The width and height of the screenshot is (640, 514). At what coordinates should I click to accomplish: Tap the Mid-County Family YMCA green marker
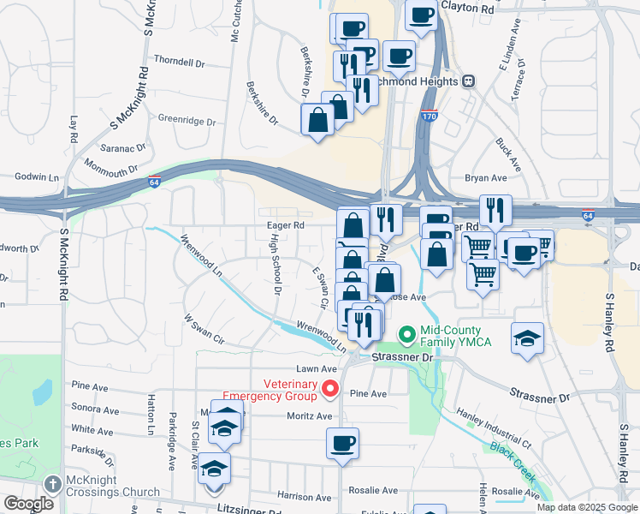pos(407,333)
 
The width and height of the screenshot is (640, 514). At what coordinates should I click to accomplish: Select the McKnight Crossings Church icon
pos(54,484)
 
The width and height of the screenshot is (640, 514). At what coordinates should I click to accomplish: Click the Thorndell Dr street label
pos(180,62)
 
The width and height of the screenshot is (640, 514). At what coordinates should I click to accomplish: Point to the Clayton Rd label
pos(467,8)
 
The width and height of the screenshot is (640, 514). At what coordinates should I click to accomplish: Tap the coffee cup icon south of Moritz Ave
pos(342,444)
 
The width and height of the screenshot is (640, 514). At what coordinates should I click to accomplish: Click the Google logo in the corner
pos(27,504)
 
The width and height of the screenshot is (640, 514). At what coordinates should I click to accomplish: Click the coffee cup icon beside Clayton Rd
pos(421,15)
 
